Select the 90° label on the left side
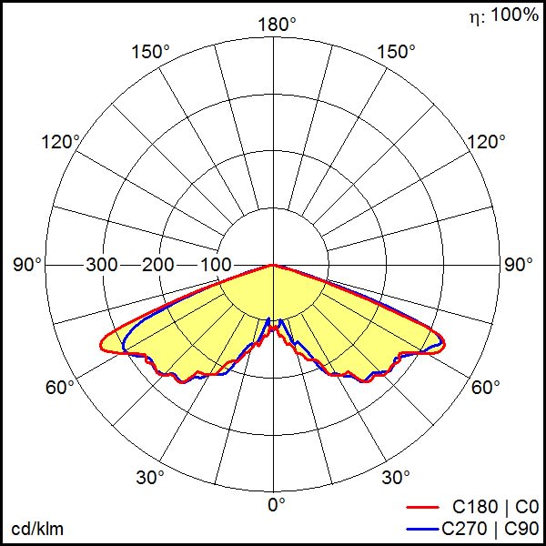[x=28, y=265]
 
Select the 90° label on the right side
[x=519, y=265]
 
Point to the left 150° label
[x=150, y=52]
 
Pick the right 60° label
[x=486, y=388]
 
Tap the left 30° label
[x=150, y=477]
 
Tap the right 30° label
[x=397, y=477]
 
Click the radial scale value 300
[x=102, y=265]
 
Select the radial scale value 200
[x=158, y=265]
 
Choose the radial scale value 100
[x=216, y=265]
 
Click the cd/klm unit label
[x=37, y=529]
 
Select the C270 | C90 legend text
[x=490, y=527]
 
